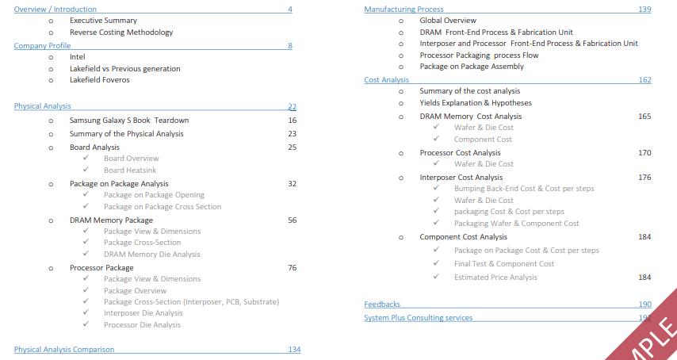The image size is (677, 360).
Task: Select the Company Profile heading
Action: (x=42, y=45)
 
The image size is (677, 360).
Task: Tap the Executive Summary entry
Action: (x=103, y=21)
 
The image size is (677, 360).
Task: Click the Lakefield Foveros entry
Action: (x=99, y=80)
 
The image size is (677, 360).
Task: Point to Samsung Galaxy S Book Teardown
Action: (x=129, y=121)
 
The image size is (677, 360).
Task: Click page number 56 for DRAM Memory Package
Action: (x=292, y=220)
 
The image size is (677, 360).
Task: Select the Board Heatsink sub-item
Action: (x=130, y=170)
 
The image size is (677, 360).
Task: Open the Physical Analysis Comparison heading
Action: (x=64, y=350)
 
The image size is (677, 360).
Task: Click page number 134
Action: (x=294, y=350)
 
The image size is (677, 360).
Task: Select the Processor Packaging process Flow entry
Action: (x=479, y=56)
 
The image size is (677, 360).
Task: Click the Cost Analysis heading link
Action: (x=386, y=80)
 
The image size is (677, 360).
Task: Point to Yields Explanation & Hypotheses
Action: (x=476, y=103)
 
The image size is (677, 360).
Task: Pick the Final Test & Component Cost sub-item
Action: (x=504, y=264)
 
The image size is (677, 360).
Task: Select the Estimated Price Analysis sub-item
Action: (x=495, y=278)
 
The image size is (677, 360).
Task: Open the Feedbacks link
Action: (x=382, y=304)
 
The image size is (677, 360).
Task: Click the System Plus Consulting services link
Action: (x=418, y=318)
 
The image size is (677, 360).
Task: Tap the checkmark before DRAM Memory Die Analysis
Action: (x=86, y=255)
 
